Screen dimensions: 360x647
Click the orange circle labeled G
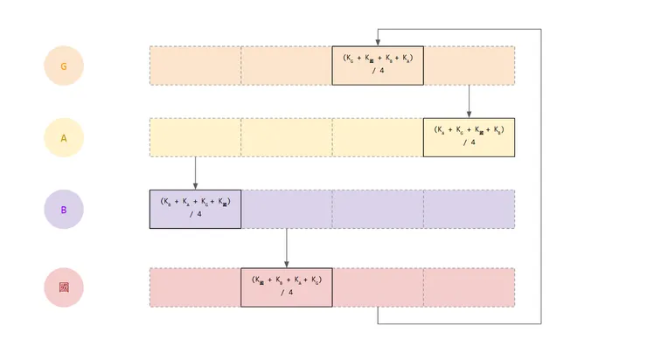[x=63, y=66]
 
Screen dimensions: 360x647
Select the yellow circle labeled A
[x=63, y=138]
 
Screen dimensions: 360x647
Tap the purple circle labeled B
[x=63, y=210]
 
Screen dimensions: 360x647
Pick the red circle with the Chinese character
[x=63, y=287]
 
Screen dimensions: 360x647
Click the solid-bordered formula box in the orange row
[x=378, y=66]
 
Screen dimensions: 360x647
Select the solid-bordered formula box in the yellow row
[x=469, y=137]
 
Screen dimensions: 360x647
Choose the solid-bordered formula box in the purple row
[x=195, y=210]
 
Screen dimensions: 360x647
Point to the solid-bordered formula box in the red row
[x=287, y=287]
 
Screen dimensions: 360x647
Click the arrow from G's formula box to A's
[x=470, y=100]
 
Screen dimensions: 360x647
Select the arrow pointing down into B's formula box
[x=195, y=173]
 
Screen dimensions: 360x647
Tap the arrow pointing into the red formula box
[x=287, y=248]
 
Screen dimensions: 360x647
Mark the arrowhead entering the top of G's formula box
[x=378, y=42]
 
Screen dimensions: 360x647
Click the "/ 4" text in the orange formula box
[x=378, y=71]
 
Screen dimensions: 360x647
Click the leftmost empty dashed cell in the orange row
[x=195, y=66]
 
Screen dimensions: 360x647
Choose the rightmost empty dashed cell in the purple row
[x=470, y=210]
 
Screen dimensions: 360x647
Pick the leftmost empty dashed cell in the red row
[x=195, y=287]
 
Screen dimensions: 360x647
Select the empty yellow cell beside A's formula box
[x=378, y=137]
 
